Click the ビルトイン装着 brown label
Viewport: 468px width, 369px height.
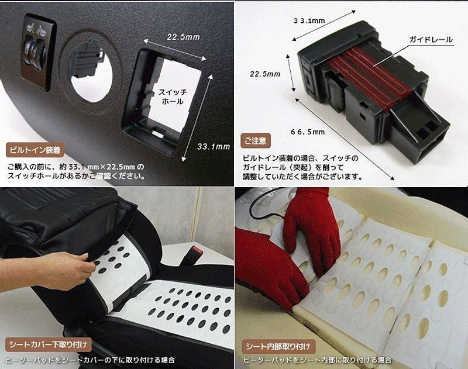[35, 150]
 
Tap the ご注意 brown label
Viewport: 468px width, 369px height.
[256, 140]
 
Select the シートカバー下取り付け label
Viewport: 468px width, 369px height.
[49, 345]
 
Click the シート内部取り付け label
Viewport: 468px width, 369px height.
[278, 346]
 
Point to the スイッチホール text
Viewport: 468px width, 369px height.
[173, 96]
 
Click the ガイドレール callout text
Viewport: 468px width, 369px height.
[431, 39]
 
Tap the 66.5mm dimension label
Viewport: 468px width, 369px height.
[308, 132]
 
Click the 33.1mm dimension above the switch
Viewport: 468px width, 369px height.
[309, 20]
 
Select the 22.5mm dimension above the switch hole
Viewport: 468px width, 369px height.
[183, 37]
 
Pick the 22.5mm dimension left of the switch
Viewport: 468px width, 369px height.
[265, 74]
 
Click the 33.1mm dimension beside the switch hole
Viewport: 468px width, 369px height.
[214, 146]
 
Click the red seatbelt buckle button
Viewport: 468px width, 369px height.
[197, 249]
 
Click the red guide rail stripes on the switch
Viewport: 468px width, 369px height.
[369, 78]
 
